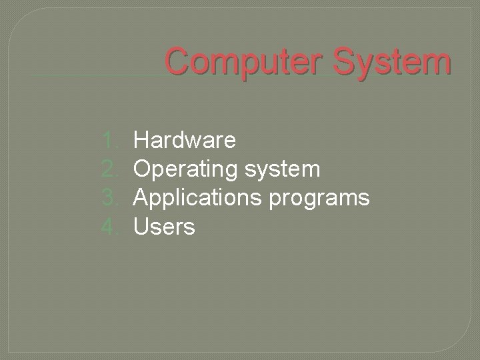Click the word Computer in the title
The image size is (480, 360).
click(x=247, y=63)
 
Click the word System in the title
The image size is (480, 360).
click(x=394, y=63)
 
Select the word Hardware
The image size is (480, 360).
click(x=185, y=140)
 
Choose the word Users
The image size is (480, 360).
click(x=165, y=227)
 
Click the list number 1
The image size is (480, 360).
click(x=109, y=140)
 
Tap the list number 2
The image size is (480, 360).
click(x=109, y=169)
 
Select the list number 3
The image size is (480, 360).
click(x=109, y=198)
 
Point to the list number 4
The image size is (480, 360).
click(x=109, y=227)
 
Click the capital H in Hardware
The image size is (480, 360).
click(x=141, y=140)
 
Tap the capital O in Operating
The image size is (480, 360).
click(x=143, y=169)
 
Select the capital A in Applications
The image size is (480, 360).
click(x=142, y=198)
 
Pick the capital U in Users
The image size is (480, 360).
click(x=141, y=227)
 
